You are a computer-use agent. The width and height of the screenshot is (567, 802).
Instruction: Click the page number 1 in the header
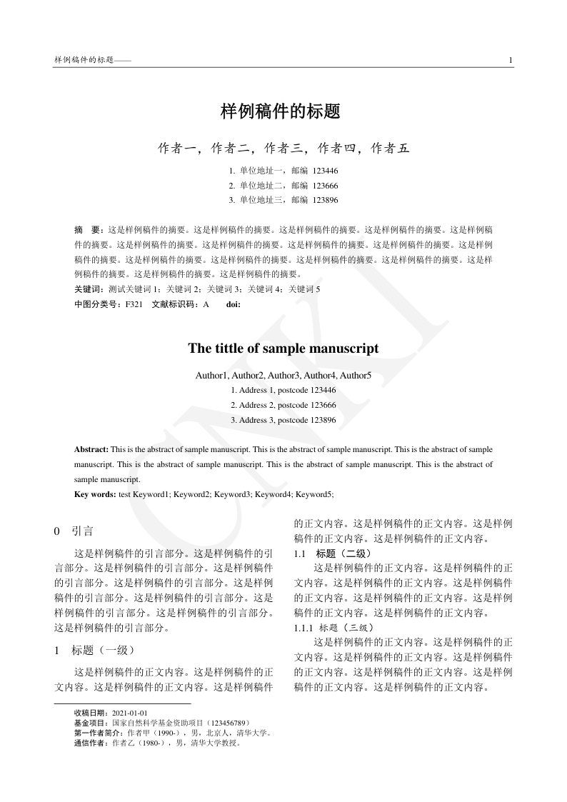(x=511, y=59)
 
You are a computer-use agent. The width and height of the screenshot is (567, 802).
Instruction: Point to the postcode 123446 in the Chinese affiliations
(x=325, y=171)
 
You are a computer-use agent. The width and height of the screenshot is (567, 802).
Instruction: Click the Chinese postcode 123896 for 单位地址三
(x=325, y=200)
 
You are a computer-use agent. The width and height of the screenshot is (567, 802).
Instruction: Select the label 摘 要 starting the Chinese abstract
(x=89, y=231)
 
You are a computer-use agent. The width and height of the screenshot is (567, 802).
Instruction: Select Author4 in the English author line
(x=318, y=376)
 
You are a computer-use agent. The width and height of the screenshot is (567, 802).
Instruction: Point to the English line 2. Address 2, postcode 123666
(x=283, y=405)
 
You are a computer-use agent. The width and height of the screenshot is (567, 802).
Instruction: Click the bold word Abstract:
(x=91, y=449)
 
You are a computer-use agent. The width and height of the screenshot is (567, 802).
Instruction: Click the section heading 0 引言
(x=74, y=531)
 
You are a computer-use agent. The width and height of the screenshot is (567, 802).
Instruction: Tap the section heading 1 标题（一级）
(x=94, y=650)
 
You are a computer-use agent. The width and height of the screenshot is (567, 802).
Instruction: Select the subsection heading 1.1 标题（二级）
(x=332, y=553)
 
